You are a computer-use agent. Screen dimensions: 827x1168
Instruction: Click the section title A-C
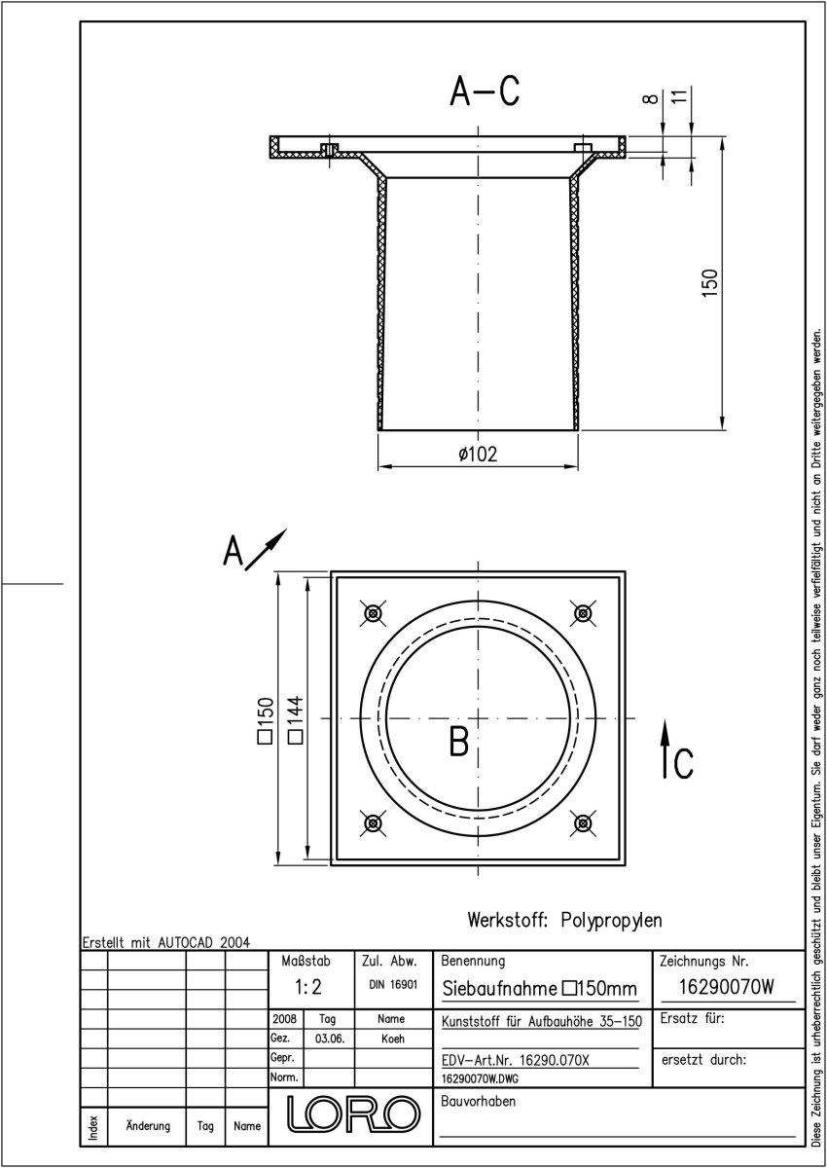point(485,91)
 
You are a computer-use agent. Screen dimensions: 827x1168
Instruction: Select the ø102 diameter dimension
point(478,454)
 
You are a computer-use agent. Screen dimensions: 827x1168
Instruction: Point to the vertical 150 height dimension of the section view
point(710,283)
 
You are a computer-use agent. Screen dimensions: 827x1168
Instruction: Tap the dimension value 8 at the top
point(650,98)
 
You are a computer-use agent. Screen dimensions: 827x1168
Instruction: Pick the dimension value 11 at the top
point(679,96)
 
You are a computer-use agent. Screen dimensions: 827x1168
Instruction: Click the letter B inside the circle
point(458,741)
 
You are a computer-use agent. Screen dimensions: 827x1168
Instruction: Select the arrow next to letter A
point(266,549)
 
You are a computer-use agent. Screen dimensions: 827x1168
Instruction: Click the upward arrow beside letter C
point(665,749)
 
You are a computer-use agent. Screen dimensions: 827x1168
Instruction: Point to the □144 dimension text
point(296,719)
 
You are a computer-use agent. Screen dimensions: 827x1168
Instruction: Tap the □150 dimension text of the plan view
point(266,720)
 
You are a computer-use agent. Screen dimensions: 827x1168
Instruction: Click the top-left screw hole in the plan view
point(373,613)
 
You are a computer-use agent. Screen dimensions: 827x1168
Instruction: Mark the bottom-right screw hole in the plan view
point(583,823)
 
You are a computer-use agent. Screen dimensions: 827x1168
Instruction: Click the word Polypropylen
point(611,920)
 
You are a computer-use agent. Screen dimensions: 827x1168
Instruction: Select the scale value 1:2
point(308,987)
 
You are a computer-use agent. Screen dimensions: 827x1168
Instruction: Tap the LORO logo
point(353,1113)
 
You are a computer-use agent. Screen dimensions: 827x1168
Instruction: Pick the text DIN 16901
point(393,984)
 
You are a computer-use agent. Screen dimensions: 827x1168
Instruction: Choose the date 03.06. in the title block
point(330,1039)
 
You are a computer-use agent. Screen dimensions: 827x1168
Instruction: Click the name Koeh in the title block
point(393,1039)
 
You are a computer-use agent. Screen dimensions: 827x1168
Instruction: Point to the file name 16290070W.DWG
point(480,1078)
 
